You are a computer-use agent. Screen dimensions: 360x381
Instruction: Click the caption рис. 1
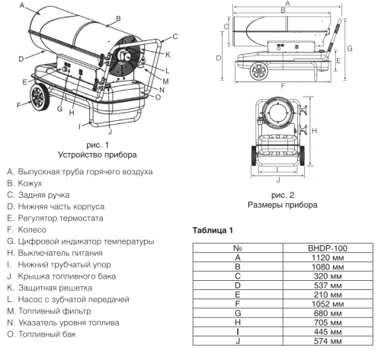click(97, 144)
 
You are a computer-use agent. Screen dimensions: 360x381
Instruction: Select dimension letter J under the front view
click(277, 180)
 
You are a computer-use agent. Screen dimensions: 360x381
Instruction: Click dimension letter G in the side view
click(350, 47)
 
